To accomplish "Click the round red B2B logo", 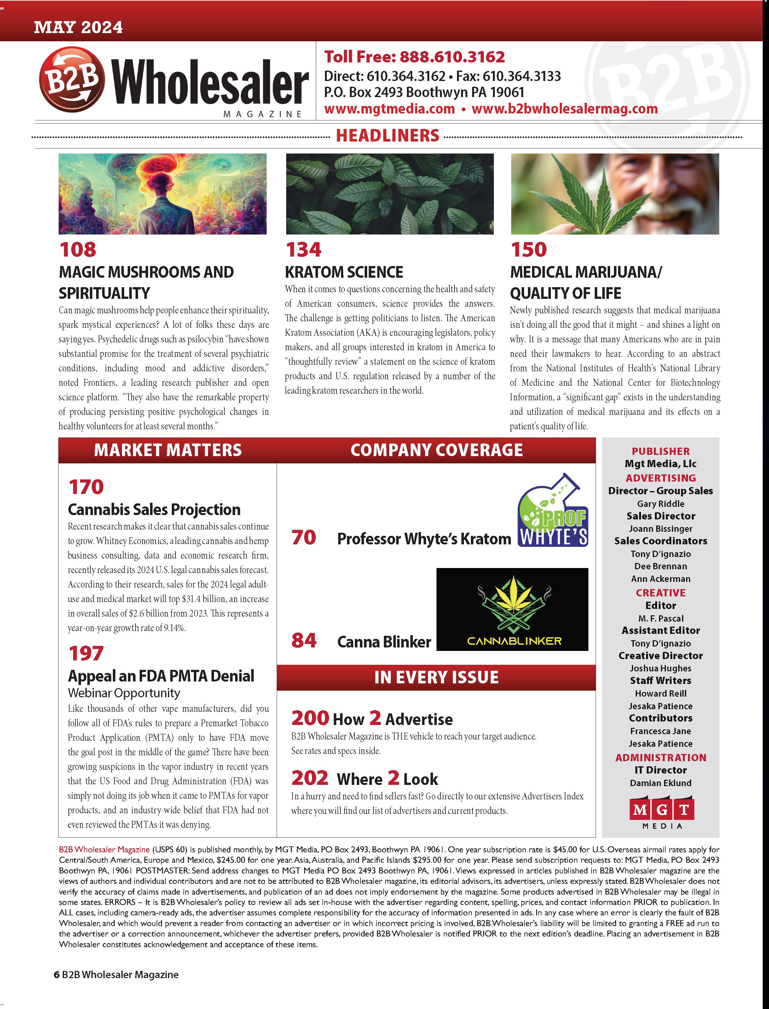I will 72,80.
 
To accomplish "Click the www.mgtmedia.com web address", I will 389,109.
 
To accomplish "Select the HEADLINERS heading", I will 387,136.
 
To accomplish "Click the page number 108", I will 78,250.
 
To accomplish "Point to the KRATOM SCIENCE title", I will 344,272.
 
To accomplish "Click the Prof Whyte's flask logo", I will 553,511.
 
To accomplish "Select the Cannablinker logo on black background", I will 512,609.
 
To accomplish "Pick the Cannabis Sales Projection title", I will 154,509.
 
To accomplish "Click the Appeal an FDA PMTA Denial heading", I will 161,676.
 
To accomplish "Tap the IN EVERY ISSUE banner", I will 436,677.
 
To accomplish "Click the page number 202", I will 310,778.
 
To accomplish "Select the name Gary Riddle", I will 661,504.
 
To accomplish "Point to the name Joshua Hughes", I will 661,668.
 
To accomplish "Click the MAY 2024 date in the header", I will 78,27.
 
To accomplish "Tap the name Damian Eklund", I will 661,783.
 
